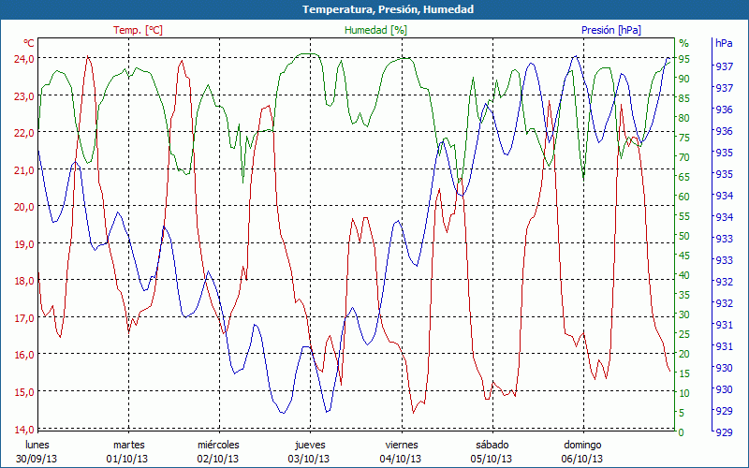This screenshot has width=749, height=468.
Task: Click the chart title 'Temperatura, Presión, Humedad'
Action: pyautogui.click(x=374, y=9)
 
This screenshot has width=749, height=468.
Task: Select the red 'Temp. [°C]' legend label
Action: pyautogui.click(x=138, y=30)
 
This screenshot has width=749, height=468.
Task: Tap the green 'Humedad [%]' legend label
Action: pyautogui.click(x=375, y=30)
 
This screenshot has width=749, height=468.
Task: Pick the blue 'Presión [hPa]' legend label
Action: pyautogui.click(x=610, y=30)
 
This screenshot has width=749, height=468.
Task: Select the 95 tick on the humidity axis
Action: pyautogui.click(x=683, y=58)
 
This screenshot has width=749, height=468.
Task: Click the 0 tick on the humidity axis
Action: pyautogui.click(x=681, y=432)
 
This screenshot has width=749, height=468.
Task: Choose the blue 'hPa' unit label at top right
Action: pyautogui.click(x=724, y=43)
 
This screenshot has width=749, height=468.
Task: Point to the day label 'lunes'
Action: pyautogui.click(x=37, y=445)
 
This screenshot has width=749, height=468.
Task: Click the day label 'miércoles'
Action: pyautogui.click(x=219, y=445)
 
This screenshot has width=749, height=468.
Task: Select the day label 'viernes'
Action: pyautogui.click(x=402, y=445)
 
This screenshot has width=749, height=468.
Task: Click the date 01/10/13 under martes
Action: pyautogui.click(x=128, y=459)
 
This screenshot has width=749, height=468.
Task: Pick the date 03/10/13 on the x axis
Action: pyautogui.click(x=310, y=459)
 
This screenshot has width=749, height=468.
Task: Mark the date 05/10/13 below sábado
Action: pyautogui.click(x=492, y=459)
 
